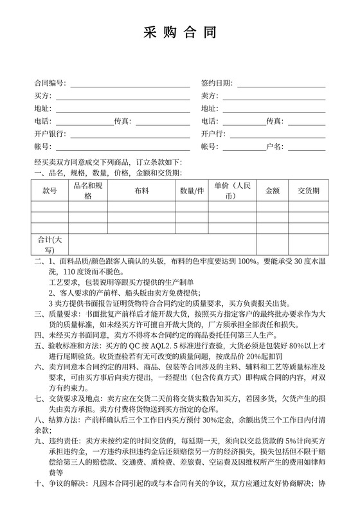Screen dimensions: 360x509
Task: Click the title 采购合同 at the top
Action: [x=179, y=33]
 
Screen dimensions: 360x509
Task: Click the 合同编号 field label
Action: [x=50, y=84]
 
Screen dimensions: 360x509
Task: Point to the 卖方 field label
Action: [x=208, y=96]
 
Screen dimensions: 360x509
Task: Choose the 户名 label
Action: [x=274, y=146]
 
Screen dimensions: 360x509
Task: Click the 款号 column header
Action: [x=50, y=191]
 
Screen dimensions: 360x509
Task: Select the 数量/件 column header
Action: [x=192, y=191]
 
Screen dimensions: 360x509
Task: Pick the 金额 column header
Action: [x=272, y=191]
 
